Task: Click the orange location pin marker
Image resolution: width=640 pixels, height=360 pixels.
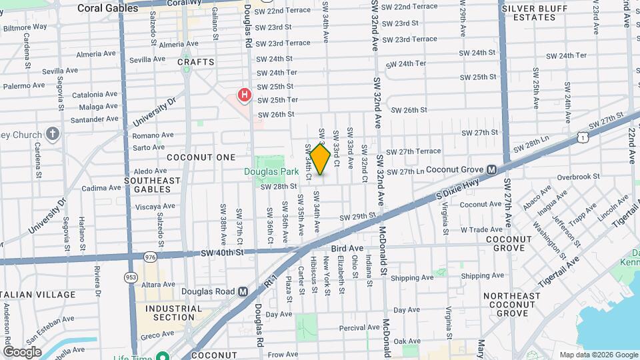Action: (321, 159)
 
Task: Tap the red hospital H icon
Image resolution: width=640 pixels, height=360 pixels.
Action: (245, 95)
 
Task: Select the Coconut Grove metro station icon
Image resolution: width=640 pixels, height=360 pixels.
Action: (491, 171)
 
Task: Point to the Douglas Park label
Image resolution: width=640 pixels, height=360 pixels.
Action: (270, 171)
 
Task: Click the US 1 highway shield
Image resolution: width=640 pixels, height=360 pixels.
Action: (583, 137)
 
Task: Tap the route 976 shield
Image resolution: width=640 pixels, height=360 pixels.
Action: (149, 256)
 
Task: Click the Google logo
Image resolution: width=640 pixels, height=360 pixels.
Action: (23, 351)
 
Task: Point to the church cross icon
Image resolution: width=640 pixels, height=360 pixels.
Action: (54, 134)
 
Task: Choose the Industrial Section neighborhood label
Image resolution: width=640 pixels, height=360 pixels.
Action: (173, 313)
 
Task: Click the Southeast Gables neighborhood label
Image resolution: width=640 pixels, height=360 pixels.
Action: (152, 185)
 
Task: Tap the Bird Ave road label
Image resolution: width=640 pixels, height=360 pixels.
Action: (347, 248)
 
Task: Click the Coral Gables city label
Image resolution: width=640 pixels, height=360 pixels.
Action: (104, 9)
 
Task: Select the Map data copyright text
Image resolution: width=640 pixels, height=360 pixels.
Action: (597, 355)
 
